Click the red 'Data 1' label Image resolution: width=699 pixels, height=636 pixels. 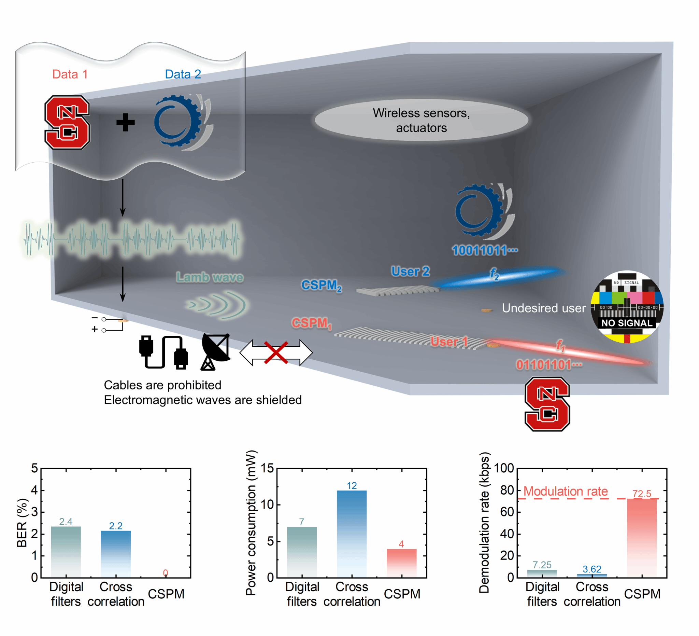[x=70, y=74]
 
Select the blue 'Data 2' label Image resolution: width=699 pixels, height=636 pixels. [x=183, y=74]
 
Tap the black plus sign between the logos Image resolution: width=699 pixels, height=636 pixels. [x=125, y=122]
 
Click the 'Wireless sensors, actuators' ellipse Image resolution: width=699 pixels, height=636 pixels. [x=421, y=120]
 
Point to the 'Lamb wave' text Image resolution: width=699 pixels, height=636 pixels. [x=210, y=278]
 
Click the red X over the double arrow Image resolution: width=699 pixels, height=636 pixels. [x=276, y=352]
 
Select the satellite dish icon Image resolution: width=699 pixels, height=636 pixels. [x=215, y=351]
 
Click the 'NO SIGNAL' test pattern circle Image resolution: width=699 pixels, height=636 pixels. [x=627, y=307]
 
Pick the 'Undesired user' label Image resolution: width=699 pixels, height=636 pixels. [x=544, y=308]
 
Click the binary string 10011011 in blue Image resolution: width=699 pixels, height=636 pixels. [x=484, y=250]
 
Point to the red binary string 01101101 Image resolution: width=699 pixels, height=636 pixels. [x=548, y=365]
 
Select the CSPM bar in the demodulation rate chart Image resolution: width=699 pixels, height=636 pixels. [x=642, y=538]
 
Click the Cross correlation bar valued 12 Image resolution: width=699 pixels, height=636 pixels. [x=352, y=534]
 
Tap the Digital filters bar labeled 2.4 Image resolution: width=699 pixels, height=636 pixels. [x=66, y=552]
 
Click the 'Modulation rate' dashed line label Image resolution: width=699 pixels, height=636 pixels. [x=566, y=491]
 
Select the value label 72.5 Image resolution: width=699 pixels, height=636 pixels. [x=642, y=493]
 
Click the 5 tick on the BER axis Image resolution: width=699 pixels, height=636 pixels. [x=34, y=468]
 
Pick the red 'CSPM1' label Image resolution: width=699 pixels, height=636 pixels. [x=311, y=323]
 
